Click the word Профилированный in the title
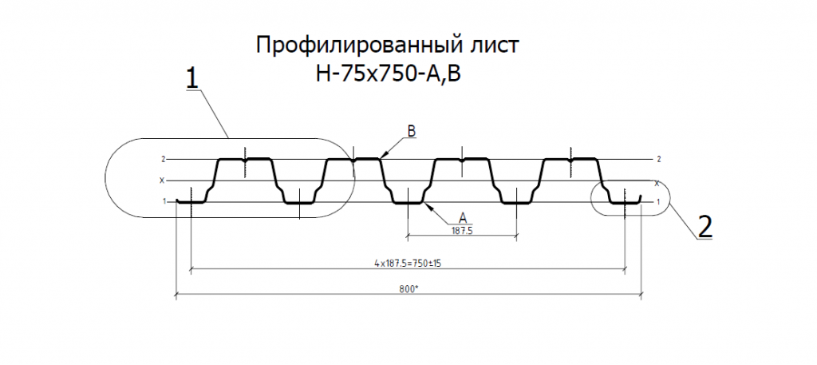[x=356, y=46]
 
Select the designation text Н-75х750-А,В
[x=389, y=75]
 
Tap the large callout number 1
[x=192, y=79]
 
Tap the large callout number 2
[x=705, y=228]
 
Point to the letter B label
[x=412, y=132]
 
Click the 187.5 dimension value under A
[x=460, y=230]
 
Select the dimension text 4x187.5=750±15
[x=408, y=264]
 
